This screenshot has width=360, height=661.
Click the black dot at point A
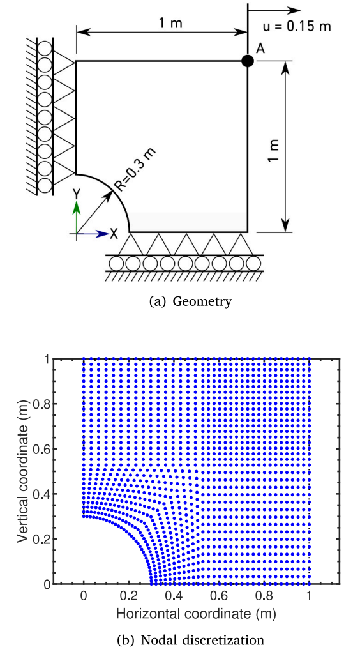coord(248,61)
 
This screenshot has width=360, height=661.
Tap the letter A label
coord(260,49)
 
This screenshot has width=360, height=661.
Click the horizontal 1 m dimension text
coord(170,24)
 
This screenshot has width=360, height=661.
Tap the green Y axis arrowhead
coord(77,207)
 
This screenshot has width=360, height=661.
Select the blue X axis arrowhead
coord(102,233)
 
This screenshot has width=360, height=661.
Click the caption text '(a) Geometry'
coord(191,302)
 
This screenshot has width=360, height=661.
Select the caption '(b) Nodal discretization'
coord(191,640)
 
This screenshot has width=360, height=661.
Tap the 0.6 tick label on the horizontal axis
coord(219,596)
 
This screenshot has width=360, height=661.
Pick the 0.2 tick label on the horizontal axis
coord(129,596)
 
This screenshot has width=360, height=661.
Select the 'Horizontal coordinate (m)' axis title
coord(197,614)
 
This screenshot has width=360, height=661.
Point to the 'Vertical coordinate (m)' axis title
coord(24,471)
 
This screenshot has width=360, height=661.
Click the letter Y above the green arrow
coord(77,194)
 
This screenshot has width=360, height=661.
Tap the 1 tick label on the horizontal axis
coord(310,596)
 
